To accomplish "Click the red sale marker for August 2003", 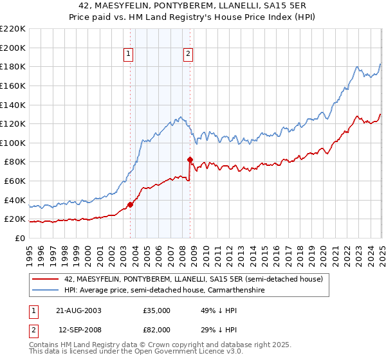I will coord(130,204).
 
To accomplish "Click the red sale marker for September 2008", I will coord(190,159).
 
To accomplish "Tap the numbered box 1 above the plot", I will coord(129,54).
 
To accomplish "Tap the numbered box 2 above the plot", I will coord(188,54).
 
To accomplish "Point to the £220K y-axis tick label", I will coord(13,29).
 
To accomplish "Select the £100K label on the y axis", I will coord(13,143).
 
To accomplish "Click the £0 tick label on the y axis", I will coord(19,238).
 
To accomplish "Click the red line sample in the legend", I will coord(46,278).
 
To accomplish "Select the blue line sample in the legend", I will coord(46,291).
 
